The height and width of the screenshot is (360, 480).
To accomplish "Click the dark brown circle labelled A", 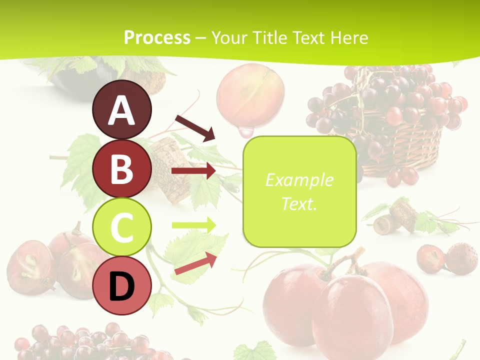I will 122,110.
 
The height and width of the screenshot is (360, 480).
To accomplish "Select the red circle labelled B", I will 122,168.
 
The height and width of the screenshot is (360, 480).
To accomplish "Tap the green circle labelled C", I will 122,227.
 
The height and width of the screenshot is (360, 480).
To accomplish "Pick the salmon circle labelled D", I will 122,286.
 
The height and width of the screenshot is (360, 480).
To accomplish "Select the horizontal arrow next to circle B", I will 193,171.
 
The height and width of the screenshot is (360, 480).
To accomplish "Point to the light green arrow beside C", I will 194,225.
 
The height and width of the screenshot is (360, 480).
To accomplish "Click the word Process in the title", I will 157,37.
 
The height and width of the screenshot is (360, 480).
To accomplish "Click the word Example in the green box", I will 299,180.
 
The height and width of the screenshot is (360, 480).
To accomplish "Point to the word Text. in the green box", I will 299,203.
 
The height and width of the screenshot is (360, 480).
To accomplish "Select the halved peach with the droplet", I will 250,95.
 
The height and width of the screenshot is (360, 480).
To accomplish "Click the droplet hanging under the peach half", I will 245,132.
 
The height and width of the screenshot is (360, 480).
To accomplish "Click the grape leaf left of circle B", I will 80,165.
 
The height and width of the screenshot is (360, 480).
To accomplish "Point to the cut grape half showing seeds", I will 30,265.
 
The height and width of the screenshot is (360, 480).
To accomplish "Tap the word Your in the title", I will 229,37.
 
